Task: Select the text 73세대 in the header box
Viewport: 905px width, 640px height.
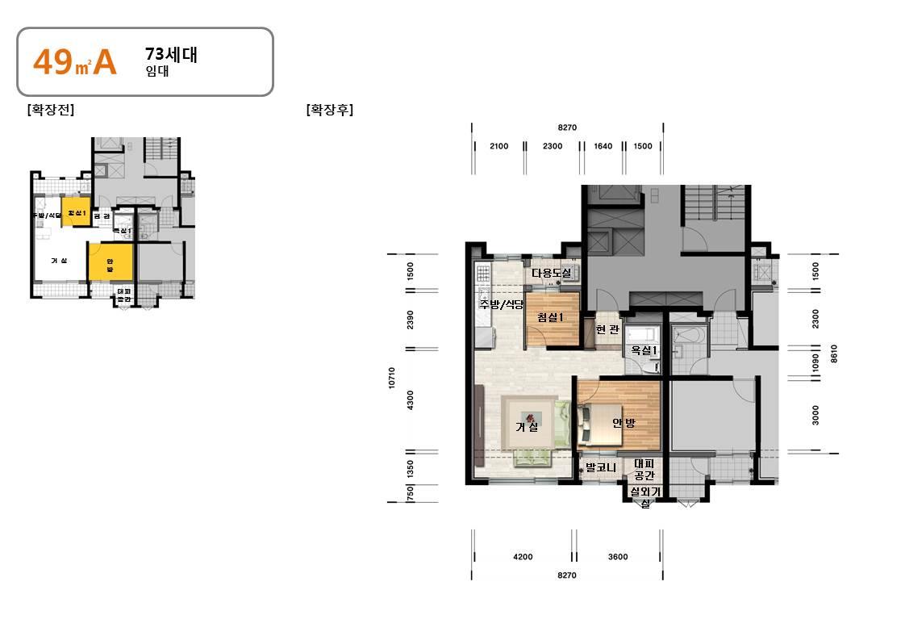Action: pos(171,55)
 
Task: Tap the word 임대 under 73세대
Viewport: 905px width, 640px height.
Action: pos(156,71)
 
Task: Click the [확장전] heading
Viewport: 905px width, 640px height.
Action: pos(50,110)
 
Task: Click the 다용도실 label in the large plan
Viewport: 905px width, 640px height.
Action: pos(551,273)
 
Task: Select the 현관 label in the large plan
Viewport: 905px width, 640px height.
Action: pos(607,330)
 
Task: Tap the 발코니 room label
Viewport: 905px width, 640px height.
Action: pos(601,466)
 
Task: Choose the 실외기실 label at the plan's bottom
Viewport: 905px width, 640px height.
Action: pos(645,496)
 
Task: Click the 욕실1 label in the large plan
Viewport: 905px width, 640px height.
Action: pos(644,350)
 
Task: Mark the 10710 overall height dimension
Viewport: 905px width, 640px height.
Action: pos(391,378)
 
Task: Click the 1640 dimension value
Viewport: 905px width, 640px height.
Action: pos(603,146)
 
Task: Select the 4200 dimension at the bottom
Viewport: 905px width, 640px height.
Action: pos(523,556)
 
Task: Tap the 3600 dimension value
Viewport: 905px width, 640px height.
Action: pos(618,556)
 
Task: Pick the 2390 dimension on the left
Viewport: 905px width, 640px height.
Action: pos(411,320)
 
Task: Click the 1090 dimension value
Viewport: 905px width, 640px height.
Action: pos(815,361)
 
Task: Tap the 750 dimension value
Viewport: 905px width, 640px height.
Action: pos(411,493)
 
